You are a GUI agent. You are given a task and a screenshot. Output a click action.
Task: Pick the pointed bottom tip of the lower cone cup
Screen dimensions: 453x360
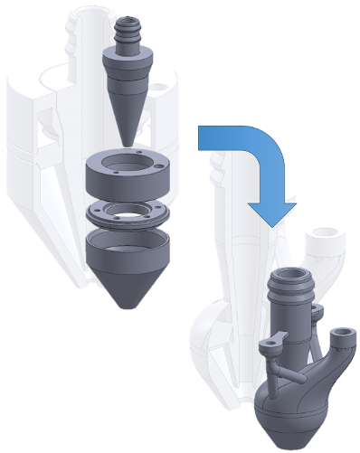click(x=126, y=305)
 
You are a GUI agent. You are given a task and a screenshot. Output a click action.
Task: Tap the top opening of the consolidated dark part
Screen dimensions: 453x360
click(x=291, y=273)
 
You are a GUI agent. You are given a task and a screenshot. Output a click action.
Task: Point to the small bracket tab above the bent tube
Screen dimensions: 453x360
click(x=272, y=343)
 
